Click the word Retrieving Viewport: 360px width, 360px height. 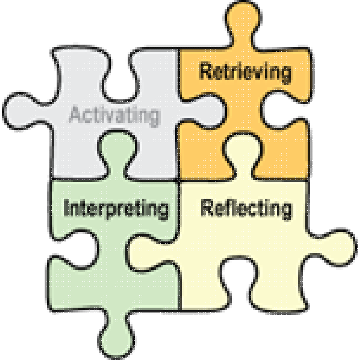coord(246,72)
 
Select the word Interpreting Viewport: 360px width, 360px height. coord(116,209)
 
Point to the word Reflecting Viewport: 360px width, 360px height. coord(247,209)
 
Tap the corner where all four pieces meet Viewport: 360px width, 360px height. coord(179,180)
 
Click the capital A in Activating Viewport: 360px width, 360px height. coord(75,114)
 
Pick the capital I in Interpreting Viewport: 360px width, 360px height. coord(66,207)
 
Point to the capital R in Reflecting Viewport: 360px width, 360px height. coord(207,207)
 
